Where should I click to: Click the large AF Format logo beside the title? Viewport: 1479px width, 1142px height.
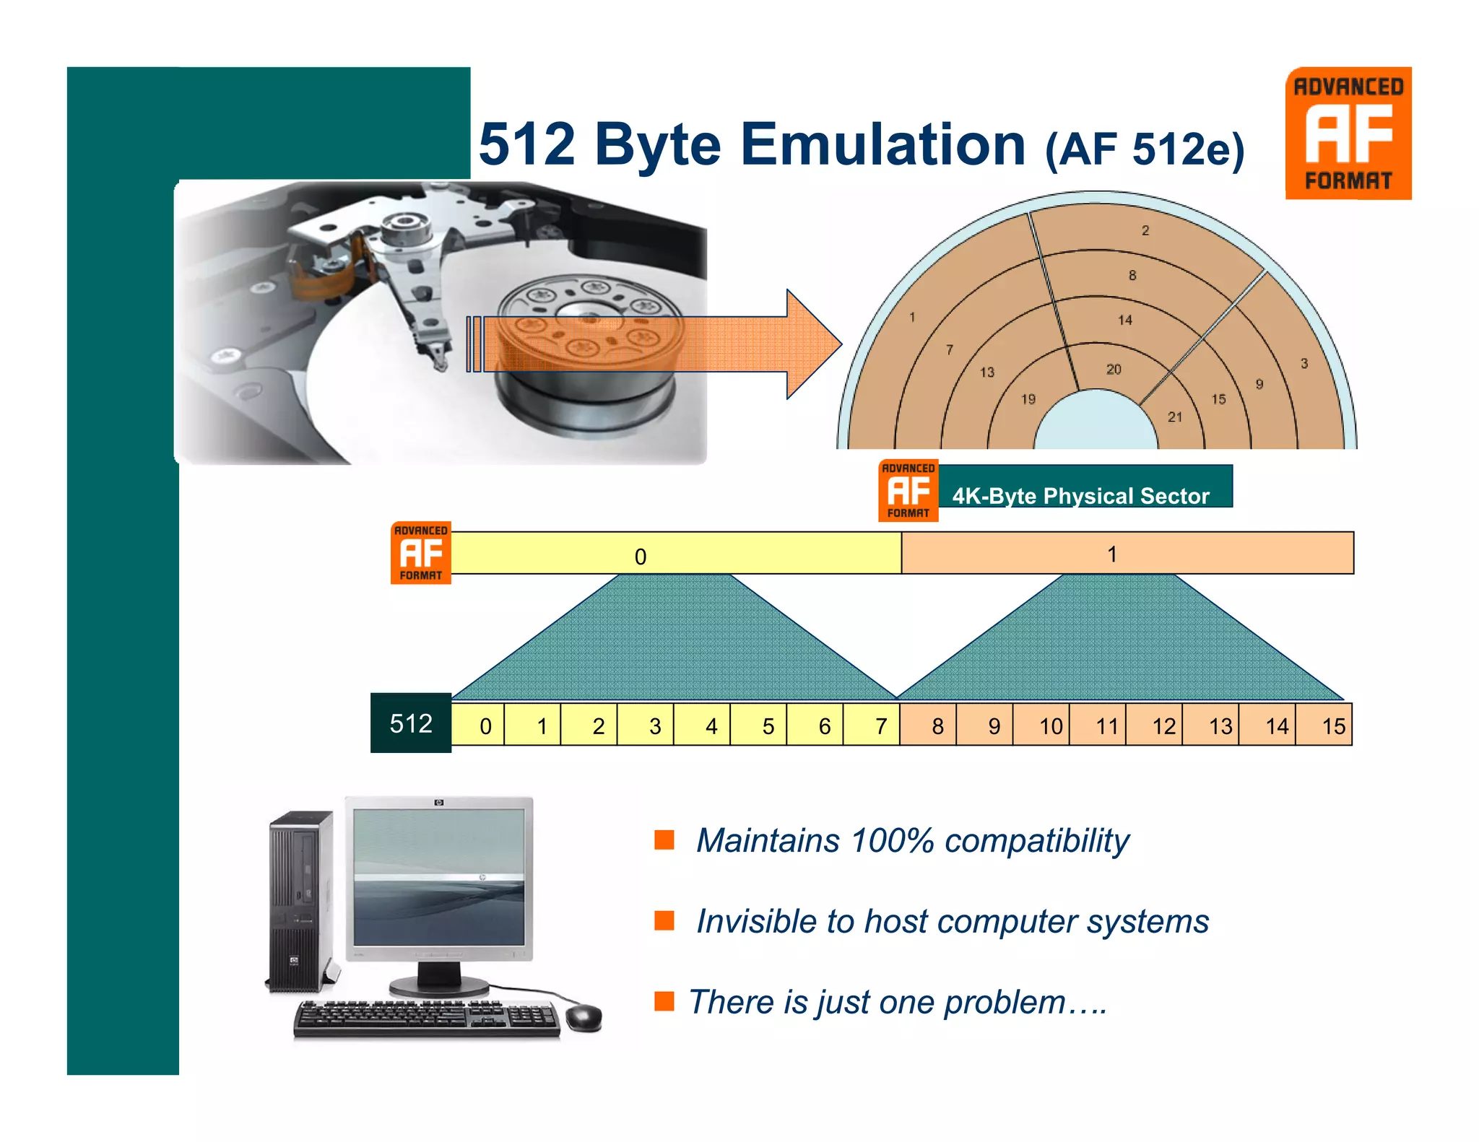tap(1348, 134)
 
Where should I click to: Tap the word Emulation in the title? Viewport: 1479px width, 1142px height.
tap(882, 144)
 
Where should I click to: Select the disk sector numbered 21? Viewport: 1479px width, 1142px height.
tap(1175, 417)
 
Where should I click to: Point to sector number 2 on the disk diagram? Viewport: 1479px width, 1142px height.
tap(1145, 230)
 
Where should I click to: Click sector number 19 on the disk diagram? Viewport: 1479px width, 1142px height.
tap(1028, 399)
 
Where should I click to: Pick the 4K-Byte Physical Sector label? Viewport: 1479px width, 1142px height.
tap(1080, 495)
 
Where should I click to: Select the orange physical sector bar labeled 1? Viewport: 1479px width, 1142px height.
tap(1127, 554)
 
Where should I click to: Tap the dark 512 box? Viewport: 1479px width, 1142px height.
tap(411, 723)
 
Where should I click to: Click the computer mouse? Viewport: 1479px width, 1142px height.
tap(584, 1017)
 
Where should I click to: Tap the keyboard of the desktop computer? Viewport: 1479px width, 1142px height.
tap(426, 1018)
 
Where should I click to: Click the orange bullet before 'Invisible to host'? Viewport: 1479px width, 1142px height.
tap(664, 920)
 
